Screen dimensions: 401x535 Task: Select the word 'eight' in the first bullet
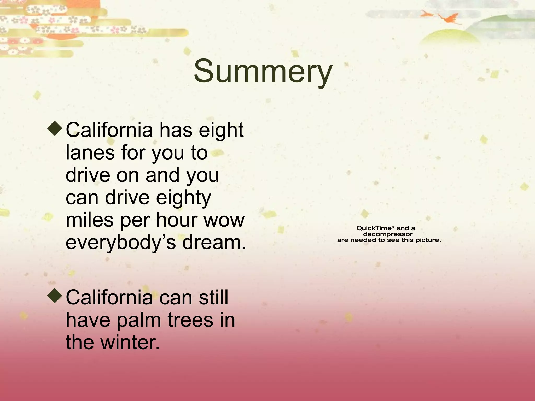(x=221, y=131)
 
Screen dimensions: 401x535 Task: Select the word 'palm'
(x=139, y=321)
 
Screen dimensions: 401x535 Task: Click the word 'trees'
(x=190, y=320)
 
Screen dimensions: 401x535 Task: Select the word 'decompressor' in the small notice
(x=388, y=234)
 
